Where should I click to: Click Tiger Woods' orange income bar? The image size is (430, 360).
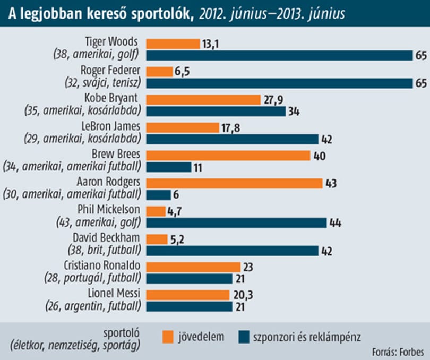[x=173, y=44]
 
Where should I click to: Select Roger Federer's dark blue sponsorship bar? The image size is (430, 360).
[x=279, y=83]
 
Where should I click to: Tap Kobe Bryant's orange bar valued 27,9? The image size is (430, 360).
[x=203, y=100]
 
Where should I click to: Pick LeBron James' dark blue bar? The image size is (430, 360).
[x=233, y=139]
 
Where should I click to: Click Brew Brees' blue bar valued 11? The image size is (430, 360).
[x=169, y=167]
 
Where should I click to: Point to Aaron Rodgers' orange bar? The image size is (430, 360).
[x=235, y=183]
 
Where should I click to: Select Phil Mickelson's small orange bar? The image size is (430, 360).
[x=156, y=211]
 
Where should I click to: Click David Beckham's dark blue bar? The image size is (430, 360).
[x=233, y=251]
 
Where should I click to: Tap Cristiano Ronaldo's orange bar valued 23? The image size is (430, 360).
[x=193, y=267]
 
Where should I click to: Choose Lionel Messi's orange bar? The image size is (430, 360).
[x=188, y=295]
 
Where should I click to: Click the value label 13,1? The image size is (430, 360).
[x=211, y=44]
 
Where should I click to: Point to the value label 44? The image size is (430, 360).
[x=335, y=223]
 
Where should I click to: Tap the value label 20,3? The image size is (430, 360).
[x=243, y=295]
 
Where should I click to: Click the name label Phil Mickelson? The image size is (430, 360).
[x=109, y=210]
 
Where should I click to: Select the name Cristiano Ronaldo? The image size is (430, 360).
[x=102, y=265]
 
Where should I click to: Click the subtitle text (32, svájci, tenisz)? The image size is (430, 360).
[x=103, y=83]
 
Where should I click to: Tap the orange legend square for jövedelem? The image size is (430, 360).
[x=168, y=337]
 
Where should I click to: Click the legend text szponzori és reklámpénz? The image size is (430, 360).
[x=307, y=337]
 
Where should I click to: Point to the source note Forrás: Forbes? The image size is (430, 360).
[x=398, y=352]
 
